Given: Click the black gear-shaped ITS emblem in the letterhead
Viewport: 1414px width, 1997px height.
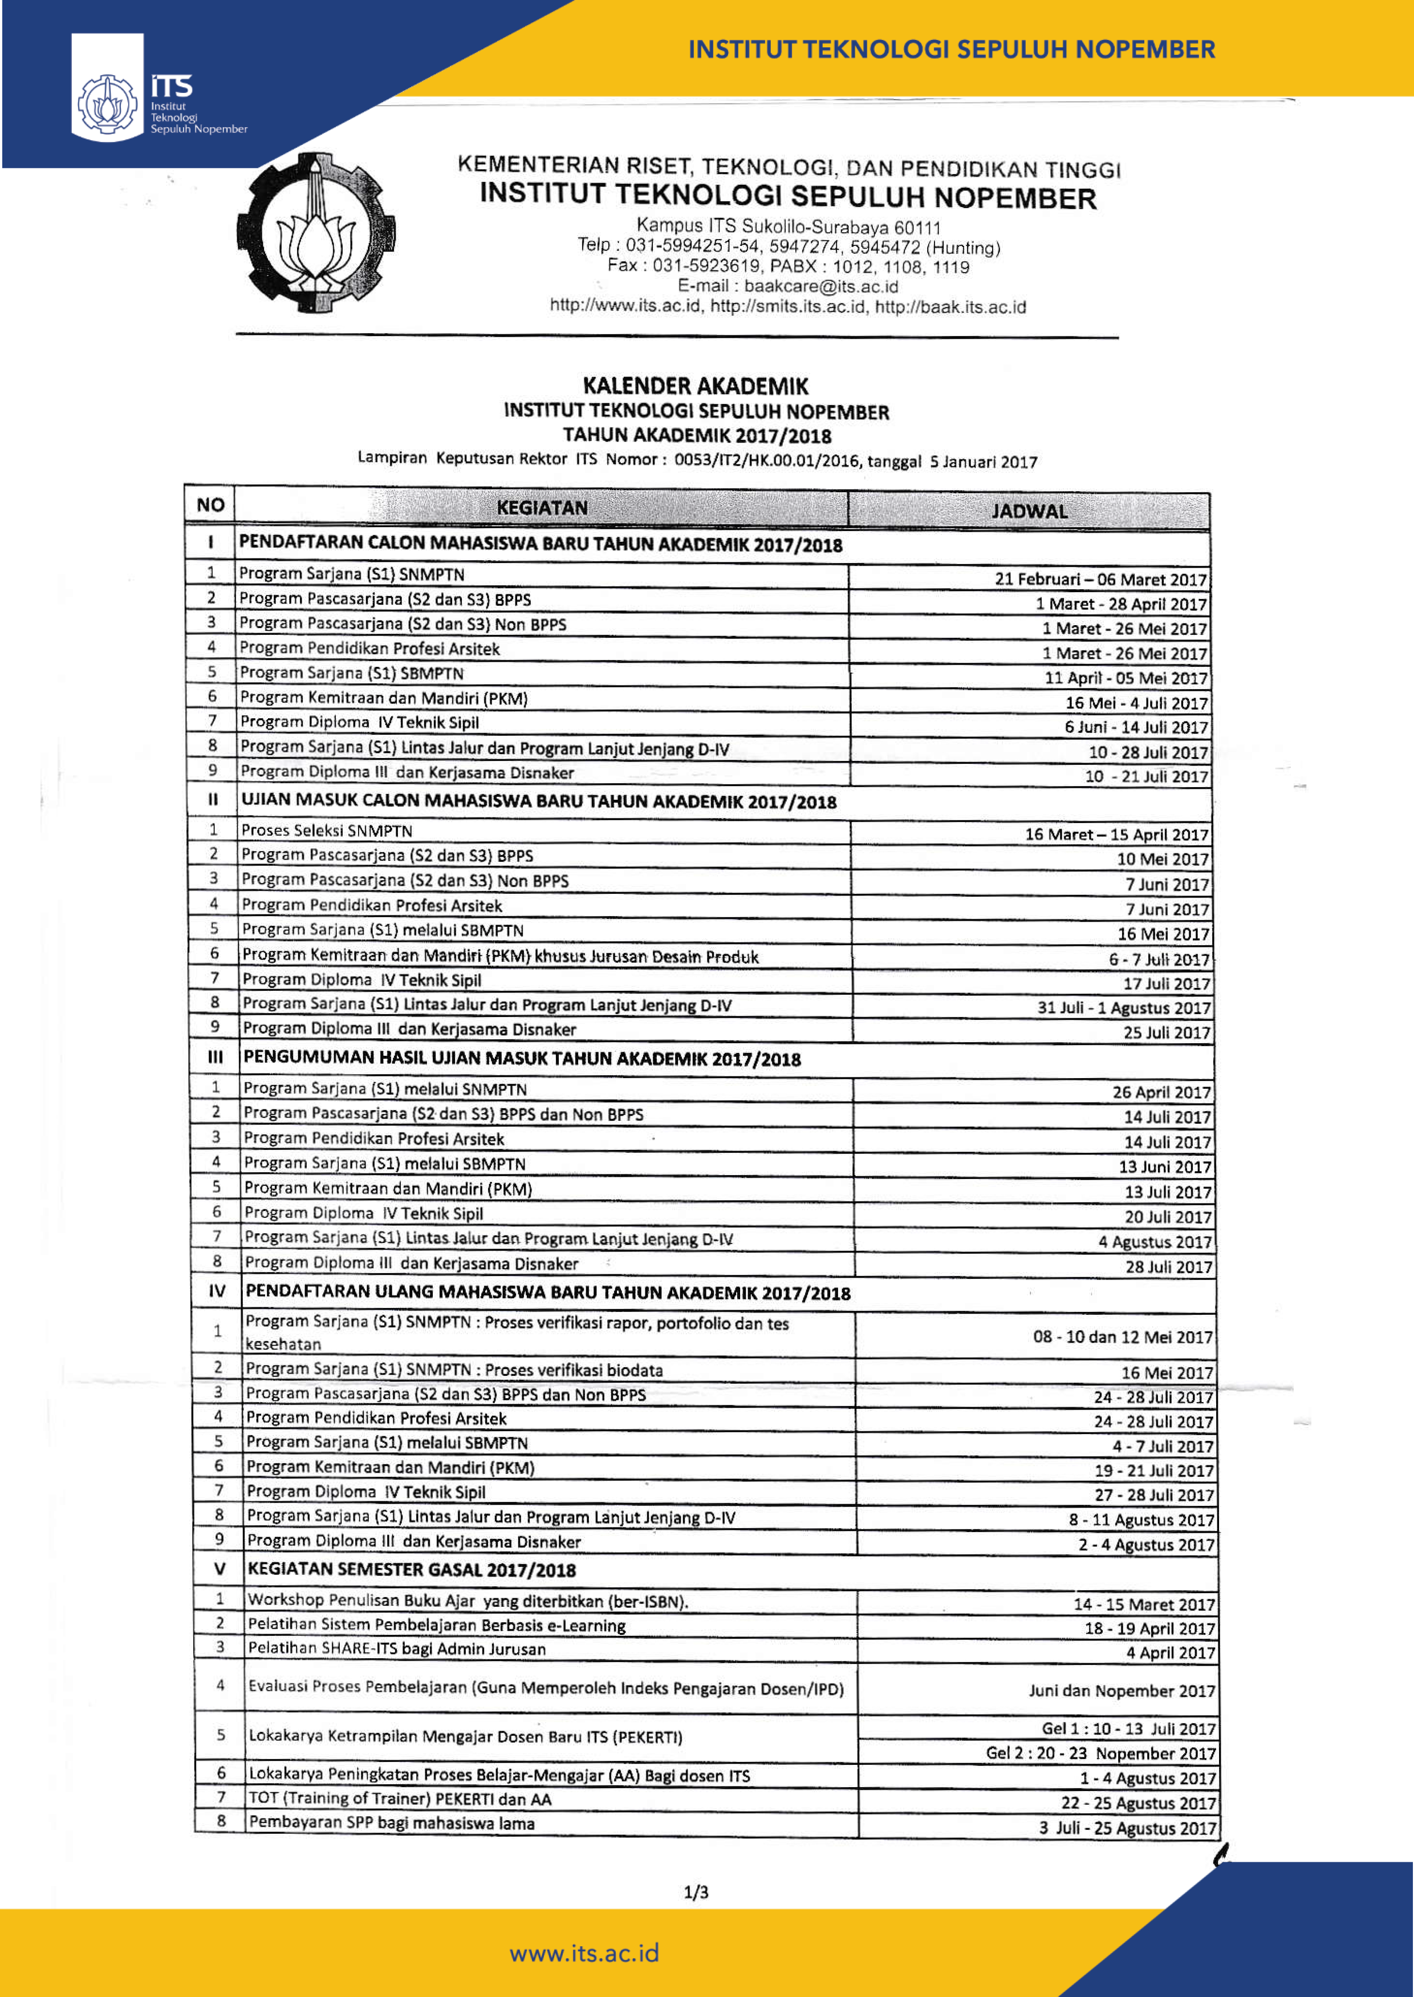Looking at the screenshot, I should pyautogui.click(x=315, y=233).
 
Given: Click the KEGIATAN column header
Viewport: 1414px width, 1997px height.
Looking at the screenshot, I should pyautogui.click(x=542, y=508).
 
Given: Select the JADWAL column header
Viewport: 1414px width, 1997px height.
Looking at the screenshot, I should pyautogui.click(x=1029, y=511).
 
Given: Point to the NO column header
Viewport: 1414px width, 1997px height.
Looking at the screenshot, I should pyautogui.click(x=210, y=505).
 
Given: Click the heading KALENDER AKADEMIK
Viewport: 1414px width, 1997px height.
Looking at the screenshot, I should pyautogui.click(x=695, y=386).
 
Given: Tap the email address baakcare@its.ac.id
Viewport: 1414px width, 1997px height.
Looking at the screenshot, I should pyautogui.click(x=820, y=286).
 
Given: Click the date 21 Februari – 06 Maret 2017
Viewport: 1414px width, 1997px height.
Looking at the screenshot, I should pyautogui.click(x=1100, y=579).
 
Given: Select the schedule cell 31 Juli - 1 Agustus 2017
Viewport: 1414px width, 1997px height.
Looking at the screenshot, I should pyautogui.click(x=1123, y=1008).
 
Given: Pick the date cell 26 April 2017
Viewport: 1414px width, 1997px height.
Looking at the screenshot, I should pyautogui.click(x=1161, y=1092).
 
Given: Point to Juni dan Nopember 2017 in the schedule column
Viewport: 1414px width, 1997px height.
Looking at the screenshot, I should pyautogui.click(x=1122, y=1691).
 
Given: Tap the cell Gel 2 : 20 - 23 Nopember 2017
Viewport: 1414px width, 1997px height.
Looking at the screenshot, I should pyautogui.click(x=1100, y=1753).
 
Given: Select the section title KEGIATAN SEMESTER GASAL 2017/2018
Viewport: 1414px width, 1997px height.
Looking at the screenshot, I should pyautogui.click(x=412, y=1569).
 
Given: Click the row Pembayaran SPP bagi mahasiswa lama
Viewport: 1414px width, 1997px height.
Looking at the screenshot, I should pyautogui.click(x=392, y=1823).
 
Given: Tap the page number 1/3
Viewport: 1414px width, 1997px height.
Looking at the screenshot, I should pyautogui.click(x=696, y=1891).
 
